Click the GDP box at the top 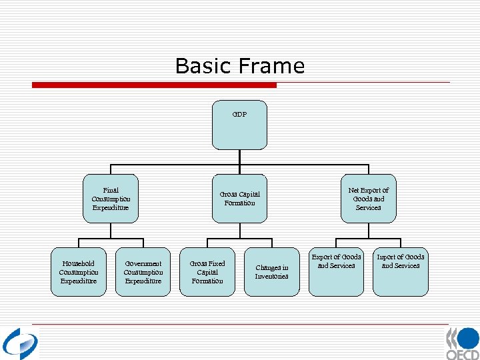click(239, 125)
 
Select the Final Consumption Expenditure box click(111, 199)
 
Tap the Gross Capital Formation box click(239, 199)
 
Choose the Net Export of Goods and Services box click(368, 199)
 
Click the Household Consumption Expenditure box click(79, 272)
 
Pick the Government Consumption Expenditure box click(143, 272)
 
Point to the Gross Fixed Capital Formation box click(207, 272)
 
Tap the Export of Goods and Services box click(336, 272)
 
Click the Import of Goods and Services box click(400, 272)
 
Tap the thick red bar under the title click(155, 85)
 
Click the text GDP click(239, 114)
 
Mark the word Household click(79, 263)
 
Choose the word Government click(143, 263)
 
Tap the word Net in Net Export click(354, 190)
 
